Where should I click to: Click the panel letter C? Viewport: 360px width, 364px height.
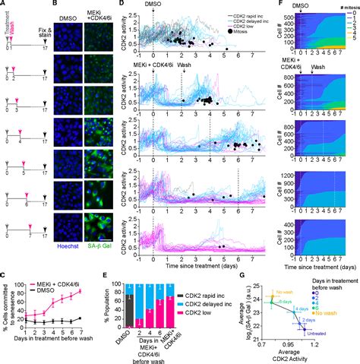pos(4,263)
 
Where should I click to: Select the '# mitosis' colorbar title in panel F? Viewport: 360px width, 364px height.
pos(338,6)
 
